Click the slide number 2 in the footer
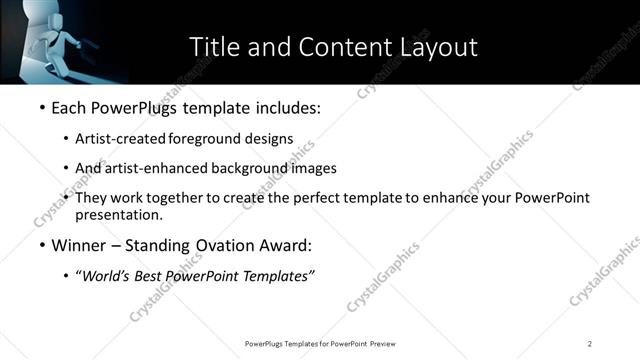pos(590,343)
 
